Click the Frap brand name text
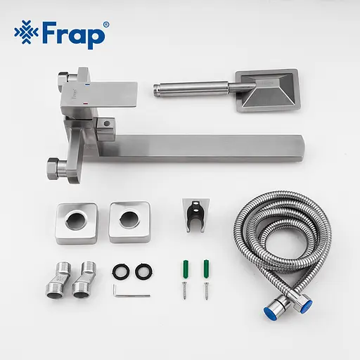coord(75,34)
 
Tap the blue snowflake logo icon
coord(26,34)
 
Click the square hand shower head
coord(266,90)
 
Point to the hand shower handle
coord(190,89)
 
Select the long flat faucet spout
coord(211,144)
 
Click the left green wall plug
coord(182,267)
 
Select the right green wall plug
coord(207,267)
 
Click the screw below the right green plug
coord(207,290)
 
